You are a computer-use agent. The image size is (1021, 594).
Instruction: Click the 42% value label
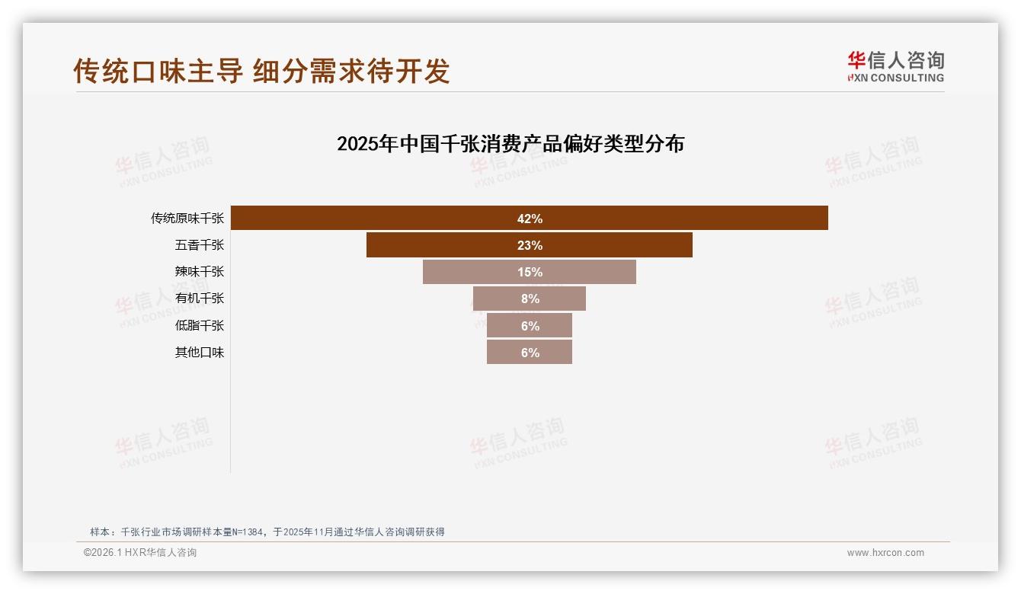(x=530, y=219)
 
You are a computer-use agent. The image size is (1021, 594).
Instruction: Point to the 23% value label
(x=530, y=245)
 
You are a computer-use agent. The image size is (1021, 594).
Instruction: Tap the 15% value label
(x=530, y=272)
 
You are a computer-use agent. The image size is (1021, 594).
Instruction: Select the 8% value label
(x=530, y=299)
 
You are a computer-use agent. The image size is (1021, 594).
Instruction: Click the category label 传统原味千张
(x=187, y=219)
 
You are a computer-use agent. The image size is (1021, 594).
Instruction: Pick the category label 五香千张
(x=200, y=245)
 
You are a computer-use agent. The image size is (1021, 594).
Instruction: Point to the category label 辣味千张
(x=200, y=272)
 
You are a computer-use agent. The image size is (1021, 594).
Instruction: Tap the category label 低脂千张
(x=200, y=326)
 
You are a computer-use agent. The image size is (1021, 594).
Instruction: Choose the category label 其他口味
(x=200, y=353)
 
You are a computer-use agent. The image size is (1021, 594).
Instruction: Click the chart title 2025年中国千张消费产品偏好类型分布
(x=510, y=144)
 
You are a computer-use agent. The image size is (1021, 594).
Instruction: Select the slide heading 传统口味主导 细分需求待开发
(x=261, y=71)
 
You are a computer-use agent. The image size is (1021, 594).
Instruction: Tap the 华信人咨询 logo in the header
(x=895, y=66)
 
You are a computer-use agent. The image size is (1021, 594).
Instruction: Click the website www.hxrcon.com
(x=885, y=553)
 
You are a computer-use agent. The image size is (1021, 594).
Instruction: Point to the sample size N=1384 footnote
(x=267, y=532)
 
